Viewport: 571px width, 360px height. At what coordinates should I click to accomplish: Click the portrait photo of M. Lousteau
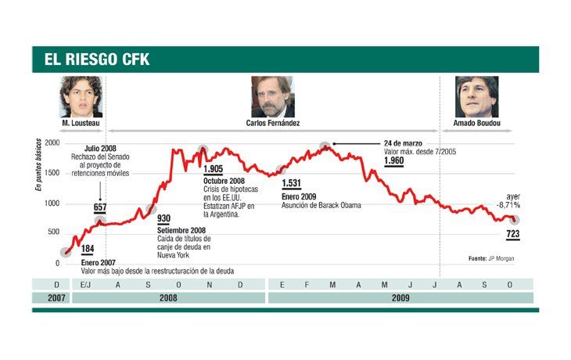[81, 96]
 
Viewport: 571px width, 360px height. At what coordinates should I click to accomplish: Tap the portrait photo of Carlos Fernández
[272, 96]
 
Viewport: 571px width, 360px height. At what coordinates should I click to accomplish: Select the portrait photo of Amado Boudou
[476, 96]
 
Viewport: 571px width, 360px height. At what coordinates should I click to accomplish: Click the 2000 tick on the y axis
[52, 143]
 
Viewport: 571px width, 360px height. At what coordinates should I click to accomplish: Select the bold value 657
[100, 207]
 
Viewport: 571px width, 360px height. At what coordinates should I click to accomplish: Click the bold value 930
[163, 218]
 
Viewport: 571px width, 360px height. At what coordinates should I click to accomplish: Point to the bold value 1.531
[292, 183]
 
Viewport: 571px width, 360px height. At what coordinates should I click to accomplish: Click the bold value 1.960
[395, 161]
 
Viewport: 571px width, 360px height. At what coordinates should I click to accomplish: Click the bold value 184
[88, 250]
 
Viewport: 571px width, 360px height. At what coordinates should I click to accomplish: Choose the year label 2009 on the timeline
[400, 297]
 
